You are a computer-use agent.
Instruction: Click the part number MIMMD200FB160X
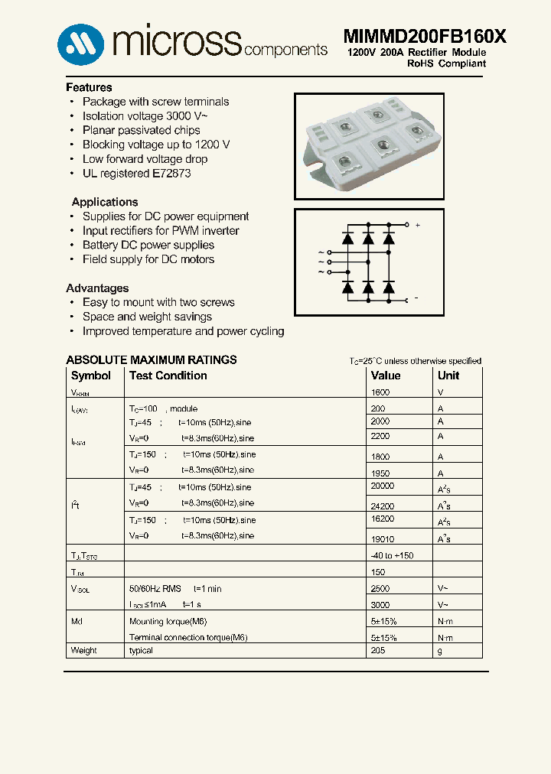(424, 37)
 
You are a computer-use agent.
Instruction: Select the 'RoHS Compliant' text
(446, 63)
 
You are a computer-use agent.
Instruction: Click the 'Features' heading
(89, 87)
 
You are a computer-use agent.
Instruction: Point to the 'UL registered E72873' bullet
(136, 173)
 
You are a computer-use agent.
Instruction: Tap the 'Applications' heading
(105, 202)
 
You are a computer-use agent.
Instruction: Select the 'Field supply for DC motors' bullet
(148, 259)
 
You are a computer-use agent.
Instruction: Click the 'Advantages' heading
(97, 288)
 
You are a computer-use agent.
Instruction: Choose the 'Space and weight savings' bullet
(147, 317)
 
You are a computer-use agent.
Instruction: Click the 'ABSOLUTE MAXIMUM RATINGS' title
(152, 359)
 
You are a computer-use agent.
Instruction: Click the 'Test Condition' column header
(168, 376)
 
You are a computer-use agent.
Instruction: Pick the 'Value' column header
(386, 376)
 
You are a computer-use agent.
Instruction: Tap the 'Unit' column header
(448, 376)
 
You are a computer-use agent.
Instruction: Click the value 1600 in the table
(380, 392)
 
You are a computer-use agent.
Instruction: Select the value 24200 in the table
(383, 506)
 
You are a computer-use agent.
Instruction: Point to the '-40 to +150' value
(392, 555)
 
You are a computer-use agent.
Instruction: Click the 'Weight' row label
(84, 651)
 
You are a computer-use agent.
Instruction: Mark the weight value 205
(378, 650)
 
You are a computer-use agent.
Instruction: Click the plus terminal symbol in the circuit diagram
(417, 226)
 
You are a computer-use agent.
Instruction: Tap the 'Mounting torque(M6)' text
(168, 622)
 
